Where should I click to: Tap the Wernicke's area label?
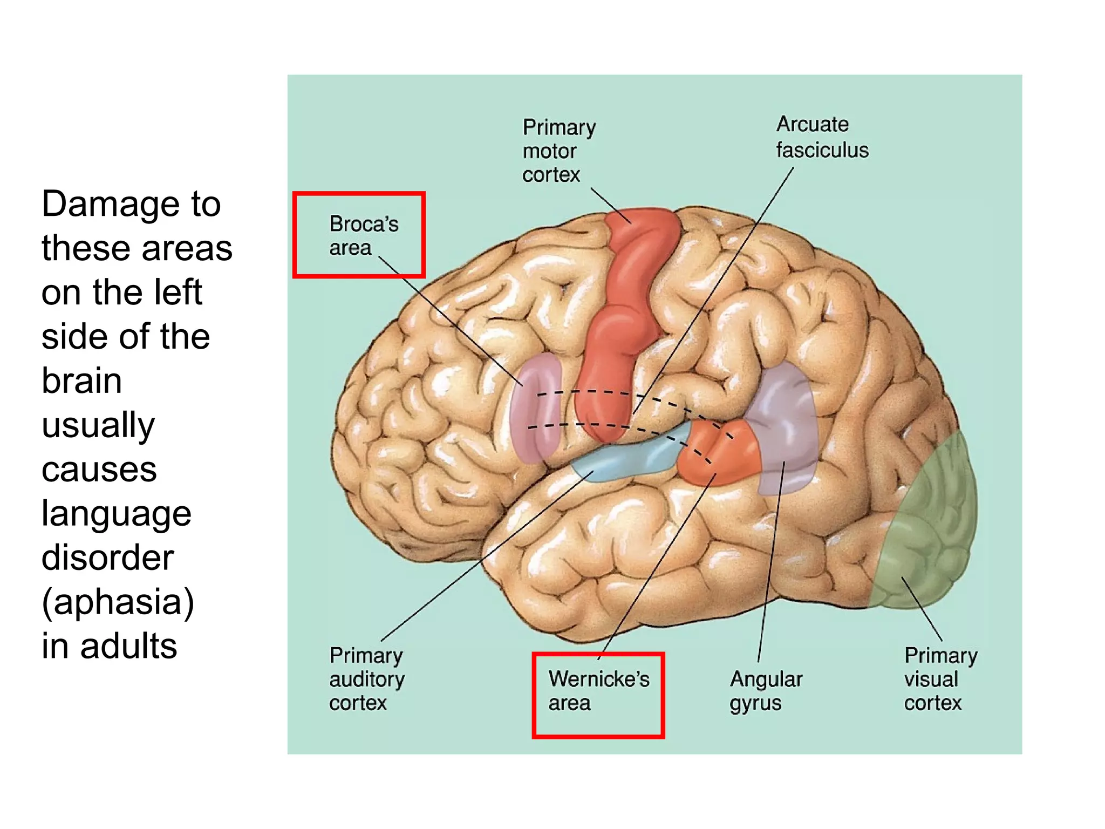click(x=598, y=690)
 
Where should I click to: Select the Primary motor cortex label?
click(x=558, y=151)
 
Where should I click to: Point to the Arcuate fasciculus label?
click(x=822, y=137)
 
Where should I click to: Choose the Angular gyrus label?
click(x=766, y=690)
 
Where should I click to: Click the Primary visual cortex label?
click(x=940, y=678)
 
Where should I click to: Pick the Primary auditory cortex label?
click(x=366, y=678)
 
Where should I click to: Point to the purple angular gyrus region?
click(x=785, y=421)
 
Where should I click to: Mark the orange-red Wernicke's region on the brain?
click(x=718, y=453)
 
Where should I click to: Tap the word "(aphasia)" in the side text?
click(x=118, y=602)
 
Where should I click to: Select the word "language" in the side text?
click(x=117, y=514)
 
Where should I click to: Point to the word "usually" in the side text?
click(x=98, y=425)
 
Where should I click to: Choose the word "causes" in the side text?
click(x=99, y=470)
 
